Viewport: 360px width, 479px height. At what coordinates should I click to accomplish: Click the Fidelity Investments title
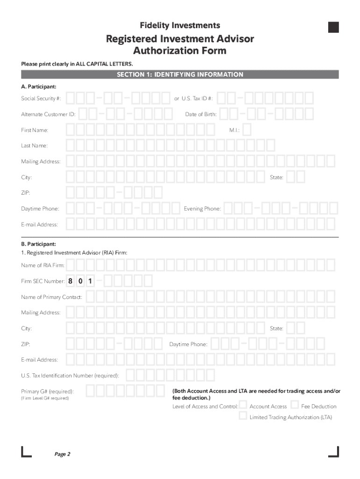(x=180, y=25)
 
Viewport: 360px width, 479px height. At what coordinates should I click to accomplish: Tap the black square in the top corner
(x=333, y=27)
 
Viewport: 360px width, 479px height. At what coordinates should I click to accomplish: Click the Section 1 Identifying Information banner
(x=180, y=74)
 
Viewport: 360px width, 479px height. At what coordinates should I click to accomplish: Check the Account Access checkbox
(x=243, y=405)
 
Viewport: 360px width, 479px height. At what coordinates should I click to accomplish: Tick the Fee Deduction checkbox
(x=295, y=405)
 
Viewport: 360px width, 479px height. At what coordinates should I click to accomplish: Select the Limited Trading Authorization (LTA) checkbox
(x=243, y=416)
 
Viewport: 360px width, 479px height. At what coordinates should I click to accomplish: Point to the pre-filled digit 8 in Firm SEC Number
(x=70, y=282)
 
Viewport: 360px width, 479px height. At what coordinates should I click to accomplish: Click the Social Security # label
(x=41, y=99)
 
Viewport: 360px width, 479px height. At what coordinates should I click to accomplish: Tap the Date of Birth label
(x=201, y=115)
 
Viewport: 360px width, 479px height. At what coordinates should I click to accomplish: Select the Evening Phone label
(x=202, y=209)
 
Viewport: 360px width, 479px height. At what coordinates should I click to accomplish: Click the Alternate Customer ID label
(x=48, y=115)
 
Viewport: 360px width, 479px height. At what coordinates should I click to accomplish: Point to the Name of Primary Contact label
(x=51, y=298)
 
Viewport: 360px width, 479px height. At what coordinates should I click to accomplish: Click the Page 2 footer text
(x=62, y=454)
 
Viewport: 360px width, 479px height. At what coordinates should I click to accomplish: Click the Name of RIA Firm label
(x=43, y=266)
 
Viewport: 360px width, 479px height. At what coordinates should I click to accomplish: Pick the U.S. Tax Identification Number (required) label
(x=70, y=376)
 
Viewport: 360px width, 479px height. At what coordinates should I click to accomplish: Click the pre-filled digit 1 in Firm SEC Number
(x=90, y=282)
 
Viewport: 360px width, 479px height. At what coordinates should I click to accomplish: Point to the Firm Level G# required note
(x=45, y=399)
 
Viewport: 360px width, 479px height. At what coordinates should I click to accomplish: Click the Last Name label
(x=34, y=146)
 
